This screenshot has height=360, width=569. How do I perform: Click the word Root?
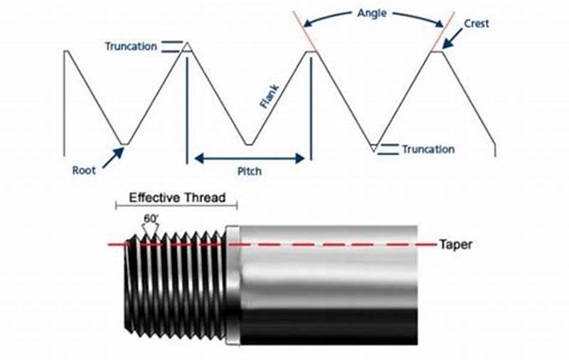point(84,171)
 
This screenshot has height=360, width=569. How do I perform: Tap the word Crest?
point(477,23)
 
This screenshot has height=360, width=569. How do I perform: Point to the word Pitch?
point(249,171)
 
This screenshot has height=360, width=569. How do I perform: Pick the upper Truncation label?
point(131,47)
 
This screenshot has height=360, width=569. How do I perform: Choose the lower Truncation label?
point(427,149)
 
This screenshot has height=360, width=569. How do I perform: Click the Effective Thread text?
point(176,197)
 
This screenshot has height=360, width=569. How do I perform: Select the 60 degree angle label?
point(151,218)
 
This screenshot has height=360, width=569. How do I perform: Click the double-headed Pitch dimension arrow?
point(249,158)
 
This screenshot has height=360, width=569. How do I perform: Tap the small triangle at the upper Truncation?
point(186,46)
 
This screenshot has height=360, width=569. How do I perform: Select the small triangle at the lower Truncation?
point(373,148)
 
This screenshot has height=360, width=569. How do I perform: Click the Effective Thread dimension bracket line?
point(176,206)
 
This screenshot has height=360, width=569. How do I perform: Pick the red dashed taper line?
point(320,245)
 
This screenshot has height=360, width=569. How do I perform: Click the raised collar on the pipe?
point(233,285)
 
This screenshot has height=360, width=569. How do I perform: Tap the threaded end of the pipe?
point(174,285)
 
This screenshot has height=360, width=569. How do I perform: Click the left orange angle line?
point(304,30)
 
